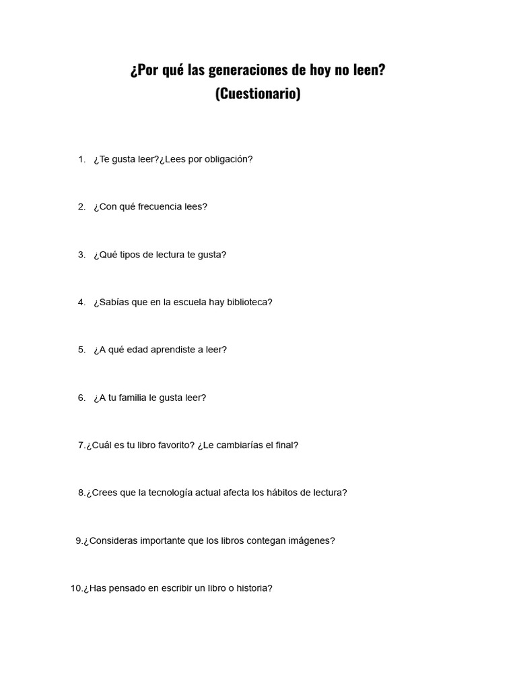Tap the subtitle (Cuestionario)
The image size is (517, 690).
point(258,94)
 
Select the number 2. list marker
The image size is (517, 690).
point(81,207)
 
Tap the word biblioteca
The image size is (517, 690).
point(249,303)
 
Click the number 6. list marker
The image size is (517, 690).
point(81,398)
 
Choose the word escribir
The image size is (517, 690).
point(177,588)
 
